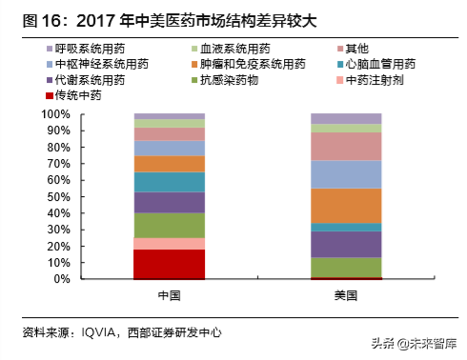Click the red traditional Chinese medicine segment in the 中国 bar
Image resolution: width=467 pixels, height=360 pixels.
[x=169, y=264]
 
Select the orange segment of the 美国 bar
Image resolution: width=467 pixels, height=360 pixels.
[x=347, y=205]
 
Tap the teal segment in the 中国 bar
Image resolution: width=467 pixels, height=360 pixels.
[x=169, y=182]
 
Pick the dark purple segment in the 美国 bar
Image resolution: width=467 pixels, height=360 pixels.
[x=347, y=245]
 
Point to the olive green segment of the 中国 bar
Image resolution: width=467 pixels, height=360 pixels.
[x=169, y=225]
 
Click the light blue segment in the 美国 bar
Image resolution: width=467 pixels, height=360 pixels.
[x=347, y=174]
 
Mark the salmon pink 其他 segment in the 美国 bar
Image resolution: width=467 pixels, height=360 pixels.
[x=347, y=146]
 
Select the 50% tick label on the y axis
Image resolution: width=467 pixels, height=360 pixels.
[x=60, y=196]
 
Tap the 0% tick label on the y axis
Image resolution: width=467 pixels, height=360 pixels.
[x=63, y=279]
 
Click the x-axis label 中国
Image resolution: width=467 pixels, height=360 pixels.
[x=169, y=295]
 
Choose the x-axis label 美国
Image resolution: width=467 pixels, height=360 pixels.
[x=347, y=295]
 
